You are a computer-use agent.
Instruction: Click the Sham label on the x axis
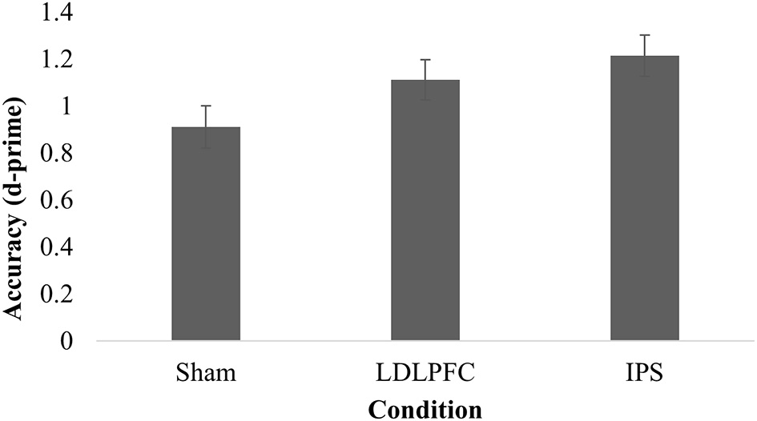click(x=206, y=373)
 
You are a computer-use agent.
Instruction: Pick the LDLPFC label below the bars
click(x=425, y=373)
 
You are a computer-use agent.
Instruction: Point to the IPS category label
click(x=644, y=373)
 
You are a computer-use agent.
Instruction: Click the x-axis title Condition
click(x=425, y=409)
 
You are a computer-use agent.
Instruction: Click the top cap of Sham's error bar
click(x=206, y=106)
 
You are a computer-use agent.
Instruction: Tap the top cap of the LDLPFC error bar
click(x=425, y=60)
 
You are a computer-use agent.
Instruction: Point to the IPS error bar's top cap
click(x=644, y=35)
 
